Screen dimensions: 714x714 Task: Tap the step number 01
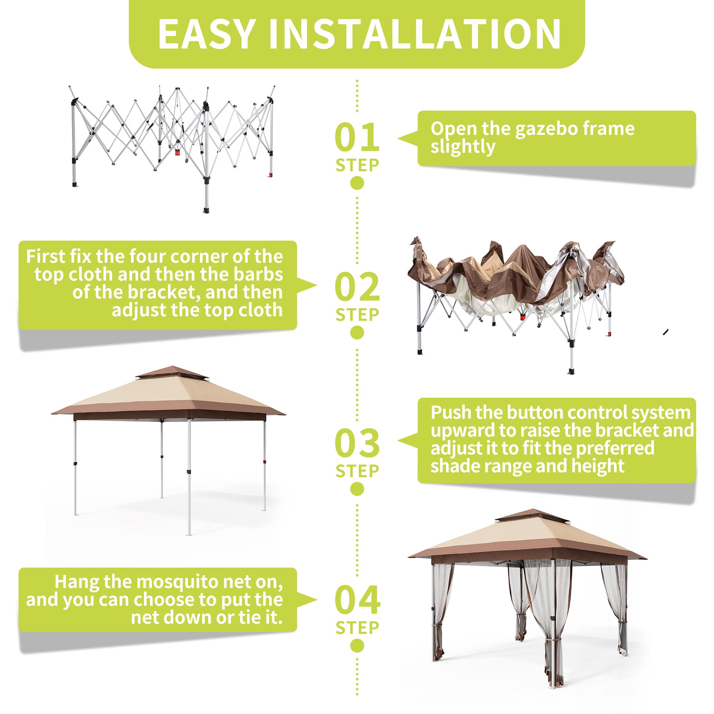point(357,137)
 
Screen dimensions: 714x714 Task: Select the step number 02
point(357,287)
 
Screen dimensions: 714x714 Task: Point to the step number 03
point(357,443)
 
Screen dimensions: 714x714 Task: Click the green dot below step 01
point(357,183)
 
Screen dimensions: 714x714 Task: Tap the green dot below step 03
point(357,489)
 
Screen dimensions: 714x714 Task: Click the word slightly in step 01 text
point(463,147)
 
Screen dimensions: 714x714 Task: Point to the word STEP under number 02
point(357,315)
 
